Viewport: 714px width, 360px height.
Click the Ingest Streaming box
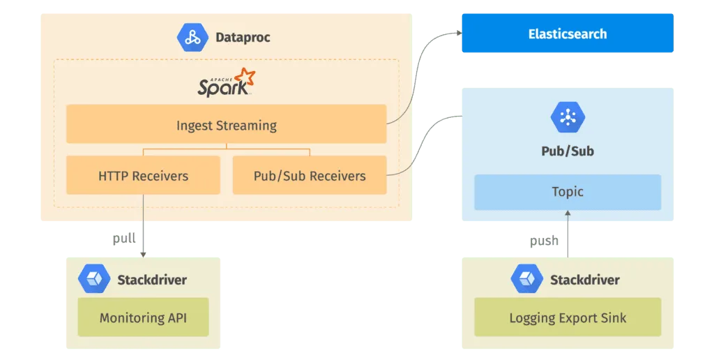[x=226, y=125]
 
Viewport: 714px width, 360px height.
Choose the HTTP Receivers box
[x=143, y=175]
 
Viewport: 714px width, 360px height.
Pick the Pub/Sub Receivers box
[x=309, y=175]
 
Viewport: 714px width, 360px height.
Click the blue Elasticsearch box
[x=567, y=33]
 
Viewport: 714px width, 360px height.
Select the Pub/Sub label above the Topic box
[x=567, y=151]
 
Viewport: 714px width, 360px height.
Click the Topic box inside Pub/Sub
[x=567, y=192]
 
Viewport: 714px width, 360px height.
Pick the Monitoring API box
[x=143, y=317]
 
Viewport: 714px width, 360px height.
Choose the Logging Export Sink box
[x=567, y=317]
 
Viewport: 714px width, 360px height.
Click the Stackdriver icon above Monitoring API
[x=93, y=279]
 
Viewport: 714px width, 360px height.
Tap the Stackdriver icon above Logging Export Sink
[x=526, y=279]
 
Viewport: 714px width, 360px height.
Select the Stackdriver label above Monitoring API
[x=151, y=280]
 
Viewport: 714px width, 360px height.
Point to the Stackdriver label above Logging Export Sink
[x=584, y=280]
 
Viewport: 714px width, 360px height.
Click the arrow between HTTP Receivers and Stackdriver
[x=143, y=237]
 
